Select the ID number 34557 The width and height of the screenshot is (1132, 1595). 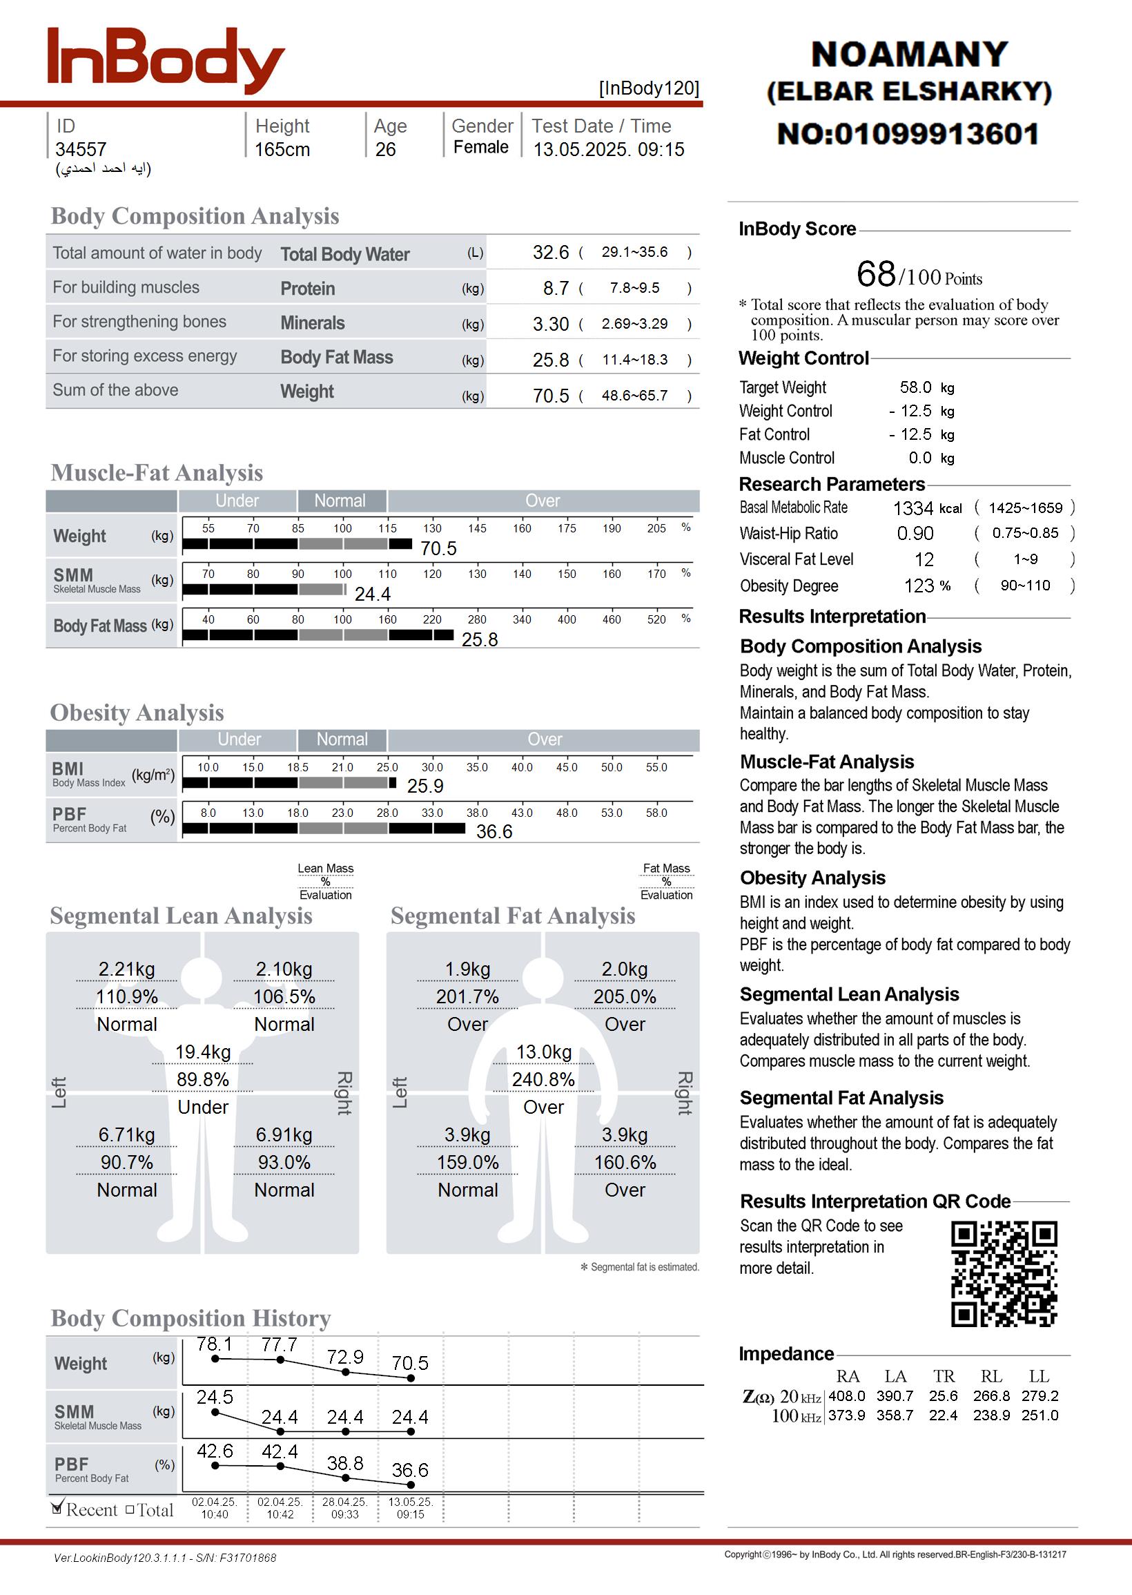click(x=81, y=149)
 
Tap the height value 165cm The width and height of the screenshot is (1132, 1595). click(x=282, y=149)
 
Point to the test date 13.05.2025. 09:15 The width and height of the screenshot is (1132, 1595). click(x=609, y=149)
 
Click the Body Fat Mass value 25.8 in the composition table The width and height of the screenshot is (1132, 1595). click(x=551, y=360)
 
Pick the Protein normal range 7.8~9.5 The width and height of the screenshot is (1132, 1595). click(x=634, y=288)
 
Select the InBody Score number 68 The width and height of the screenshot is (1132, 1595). click(x=875, y=274)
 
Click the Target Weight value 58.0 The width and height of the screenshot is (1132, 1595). click(x=915, y=387)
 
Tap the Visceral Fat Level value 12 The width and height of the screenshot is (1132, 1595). click(x=924, y=560)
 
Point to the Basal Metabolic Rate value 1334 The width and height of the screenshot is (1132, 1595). click(x=913, y=508)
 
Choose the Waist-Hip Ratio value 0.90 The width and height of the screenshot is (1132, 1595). click(x=915, y=534)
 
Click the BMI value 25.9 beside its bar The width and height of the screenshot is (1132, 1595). click(x=425, y=786)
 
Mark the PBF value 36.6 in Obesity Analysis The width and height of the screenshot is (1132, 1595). click(x=494, y=831)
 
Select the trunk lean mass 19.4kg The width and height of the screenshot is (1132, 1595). click(x=203, y=1052)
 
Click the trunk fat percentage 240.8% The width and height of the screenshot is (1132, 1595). click(x=543, y=1080)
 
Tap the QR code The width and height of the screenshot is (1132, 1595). click(x=1004, y=1273)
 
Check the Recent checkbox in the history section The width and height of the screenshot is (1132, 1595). click(x=57, y=1509)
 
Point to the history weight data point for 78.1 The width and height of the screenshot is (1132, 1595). click(x=215, y=1359)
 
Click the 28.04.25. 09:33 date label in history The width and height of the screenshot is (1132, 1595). click(x=345, y=1508)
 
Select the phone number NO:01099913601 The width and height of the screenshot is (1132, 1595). click(x=908, y=134)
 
